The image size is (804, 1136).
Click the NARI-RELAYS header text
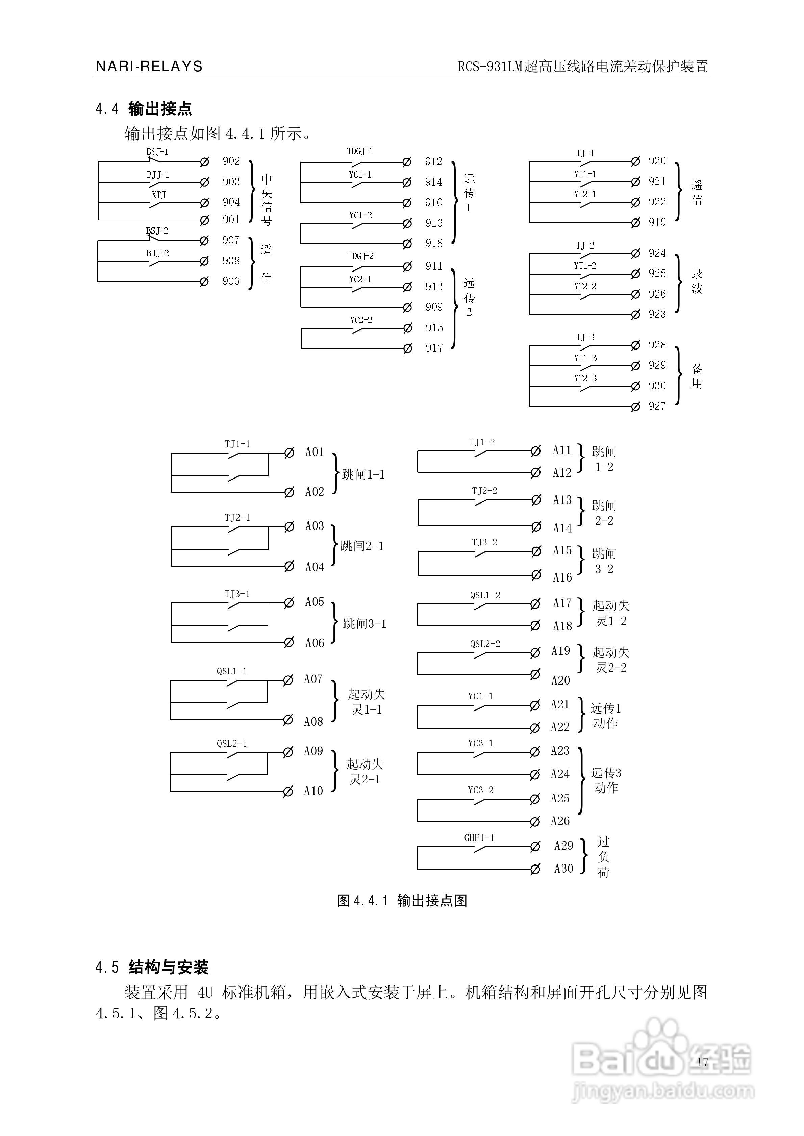point(149,66)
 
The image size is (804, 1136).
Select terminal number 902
point(231,161)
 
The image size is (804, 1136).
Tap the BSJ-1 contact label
point(157,152)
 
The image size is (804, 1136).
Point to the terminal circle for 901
point(204,220)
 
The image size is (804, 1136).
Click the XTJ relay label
point(158,195)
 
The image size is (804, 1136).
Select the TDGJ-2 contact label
point(360,256)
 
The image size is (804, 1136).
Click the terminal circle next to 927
point(636,407)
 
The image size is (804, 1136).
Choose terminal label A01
point(315,452)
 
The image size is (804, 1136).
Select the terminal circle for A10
point(287,792)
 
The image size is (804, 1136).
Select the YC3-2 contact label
point(480,790)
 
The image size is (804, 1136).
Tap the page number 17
point(703,1061)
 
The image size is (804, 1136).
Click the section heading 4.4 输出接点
point(144,109)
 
